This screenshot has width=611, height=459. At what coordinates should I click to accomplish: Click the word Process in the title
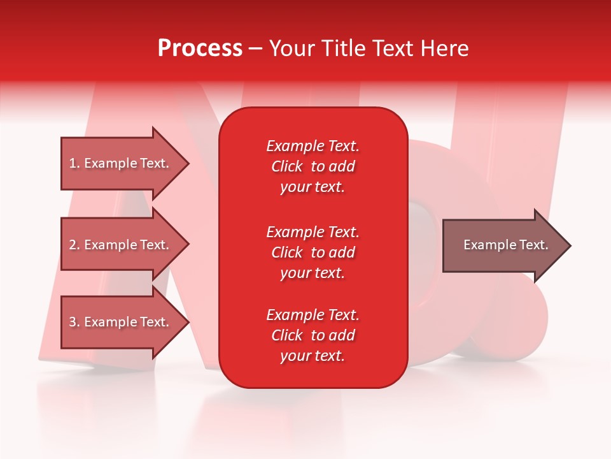200,48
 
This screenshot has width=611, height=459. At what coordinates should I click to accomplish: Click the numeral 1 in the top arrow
73,163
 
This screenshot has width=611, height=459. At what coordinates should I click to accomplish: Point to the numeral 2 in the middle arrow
73,245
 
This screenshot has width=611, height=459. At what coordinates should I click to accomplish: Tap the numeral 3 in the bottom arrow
73,322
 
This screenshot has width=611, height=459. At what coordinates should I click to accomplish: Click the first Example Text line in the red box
313,146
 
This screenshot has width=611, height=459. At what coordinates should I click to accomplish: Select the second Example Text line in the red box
313,232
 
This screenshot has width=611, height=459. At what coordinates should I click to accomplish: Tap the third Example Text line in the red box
313,315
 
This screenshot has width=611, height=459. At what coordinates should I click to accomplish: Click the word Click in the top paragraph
286,166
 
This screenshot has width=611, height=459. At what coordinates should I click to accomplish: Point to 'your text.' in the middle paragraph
313,273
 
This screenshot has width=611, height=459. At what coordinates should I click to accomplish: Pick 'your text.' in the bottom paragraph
313,356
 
